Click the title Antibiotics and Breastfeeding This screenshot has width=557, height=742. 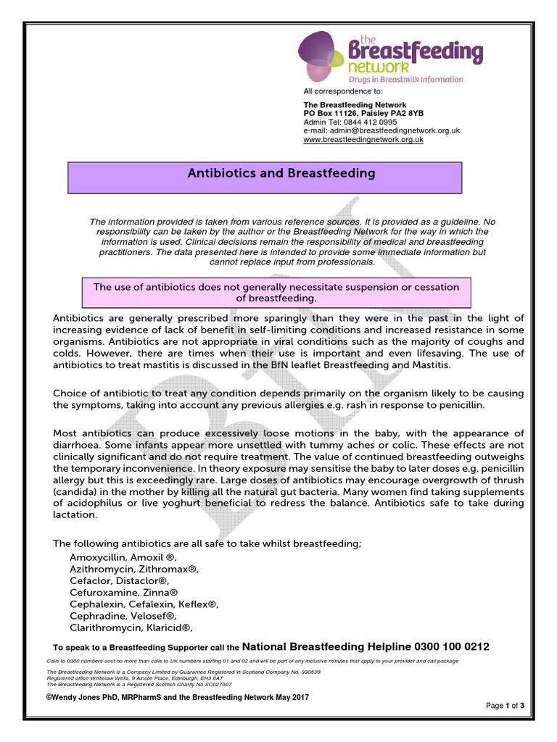point(281,173)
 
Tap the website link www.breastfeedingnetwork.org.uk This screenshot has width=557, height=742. point(363,139)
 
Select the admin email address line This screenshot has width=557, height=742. point(381,130)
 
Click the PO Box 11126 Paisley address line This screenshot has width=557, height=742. point(363,114)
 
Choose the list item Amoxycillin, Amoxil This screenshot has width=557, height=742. point(123,556)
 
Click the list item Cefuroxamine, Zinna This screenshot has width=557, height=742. point(123,592)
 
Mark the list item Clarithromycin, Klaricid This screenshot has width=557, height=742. point(131,628)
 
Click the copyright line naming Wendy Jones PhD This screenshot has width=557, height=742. point(178,696)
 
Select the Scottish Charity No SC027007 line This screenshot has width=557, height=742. point(139,683)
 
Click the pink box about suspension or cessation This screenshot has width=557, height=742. point(276,292)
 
